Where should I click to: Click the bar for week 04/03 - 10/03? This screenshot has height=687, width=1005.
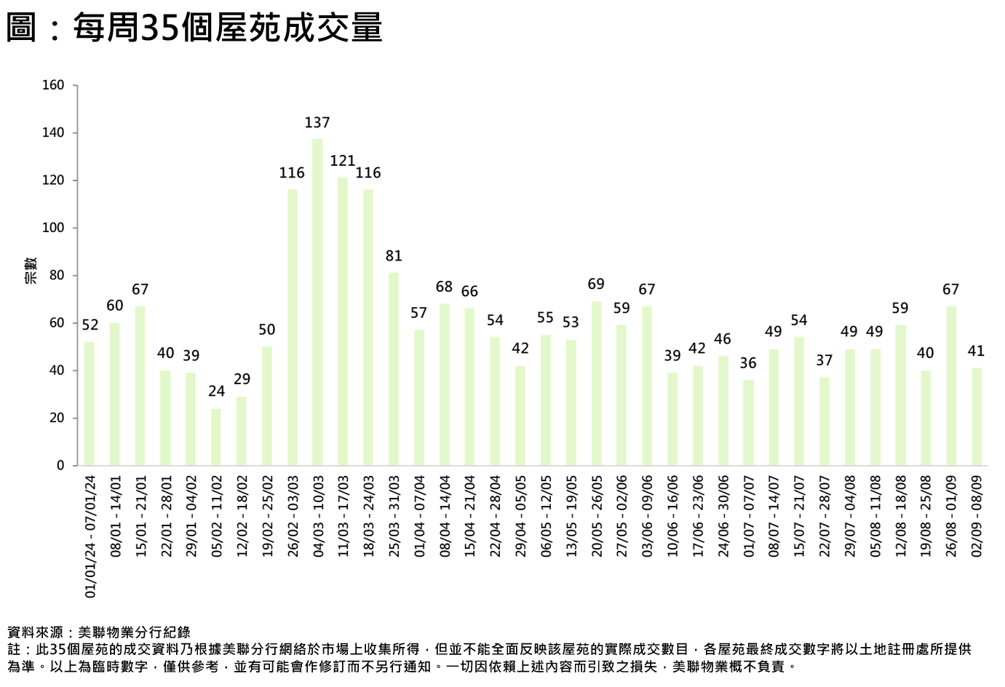click(x=317, y=302)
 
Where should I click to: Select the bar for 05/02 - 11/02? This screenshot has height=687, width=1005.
click(x=216, y=437)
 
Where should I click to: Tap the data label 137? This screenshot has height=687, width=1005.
click(x=317, y=123)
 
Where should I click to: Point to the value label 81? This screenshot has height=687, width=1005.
click(x=394, y=256)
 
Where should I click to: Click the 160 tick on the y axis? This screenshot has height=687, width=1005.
click(x=53, y=85)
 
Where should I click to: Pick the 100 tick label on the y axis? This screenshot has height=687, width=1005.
click(x=53, y=228)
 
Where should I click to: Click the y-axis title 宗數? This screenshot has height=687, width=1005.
click(x=31, y=270)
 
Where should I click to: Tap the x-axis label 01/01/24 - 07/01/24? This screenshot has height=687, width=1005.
click(x=90, y=536)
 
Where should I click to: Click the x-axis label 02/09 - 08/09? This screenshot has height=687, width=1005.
click(x=977, y=517)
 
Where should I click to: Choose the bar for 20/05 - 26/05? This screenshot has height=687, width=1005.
click(x=597, y=384)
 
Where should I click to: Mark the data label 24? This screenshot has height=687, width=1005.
click(x=216, y=392)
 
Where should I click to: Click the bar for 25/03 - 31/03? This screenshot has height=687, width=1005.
click(x=394, y=369)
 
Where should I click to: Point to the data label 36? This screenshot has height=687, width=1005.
click(x=748, y=363)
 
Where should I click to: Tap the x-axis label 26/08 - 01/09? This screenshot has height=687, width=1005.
click(x=951, y=517)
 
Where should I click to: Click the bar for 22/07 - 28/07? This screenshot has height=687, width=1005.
click(x=825, y=421)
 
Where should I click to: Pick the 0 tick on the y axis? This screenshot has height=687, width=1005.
click(x=60, y=466)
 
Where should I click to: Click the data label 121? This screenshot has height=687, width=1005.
click(x=343, y=161)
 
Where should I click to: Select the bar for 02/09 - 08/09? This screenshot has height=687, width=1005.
click(x=977, y=417)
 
